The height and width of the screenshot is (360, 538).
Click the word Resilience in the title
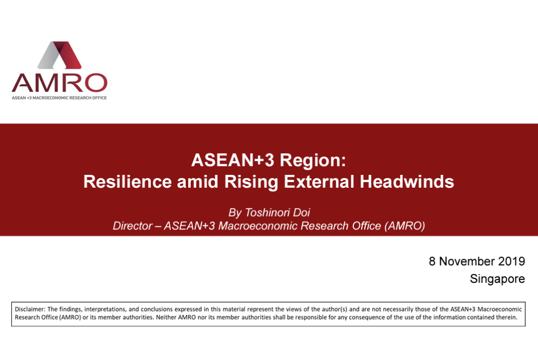click(x=127, y=182)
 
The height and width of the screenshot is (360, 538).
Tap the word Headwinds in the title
click(x=407, y=182)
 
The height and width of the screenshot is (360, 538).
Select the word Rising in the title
click(x=251, y=182)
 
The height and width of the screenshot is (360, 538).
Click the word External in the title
click(x=319, y=182)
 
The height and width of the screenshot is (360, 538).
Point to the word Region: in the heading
click(x=313, y=160)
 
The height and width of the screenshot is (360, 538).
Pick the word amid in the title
click(x=198, y=182)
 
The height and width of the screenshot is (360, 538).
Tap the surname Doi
click(x=301, y=212)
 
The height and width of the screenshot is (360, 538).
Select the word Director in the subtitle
click(x=133, y=226)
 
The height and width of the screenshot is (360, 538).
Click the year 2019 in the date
click(x=512, y=261)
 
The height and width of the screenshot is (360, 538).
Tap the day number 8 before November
click(x=432, y=261)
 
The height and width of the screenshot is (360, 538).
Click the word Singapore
click(x=497, y=279)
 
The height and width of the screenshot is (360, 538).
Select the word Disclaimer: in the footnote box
click(x=30, y=309)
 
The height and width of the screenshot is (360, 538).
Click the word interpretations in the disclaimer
click(x=105, y=310)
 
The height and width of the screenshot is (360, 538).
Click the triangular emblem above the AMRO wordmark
click(x=60, y=55)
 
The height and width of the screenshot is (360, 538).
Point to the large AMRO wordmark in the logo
click(x=60, y=83)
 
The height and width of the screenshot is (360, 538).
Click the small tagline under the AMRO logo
click(x=59, y=98)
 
